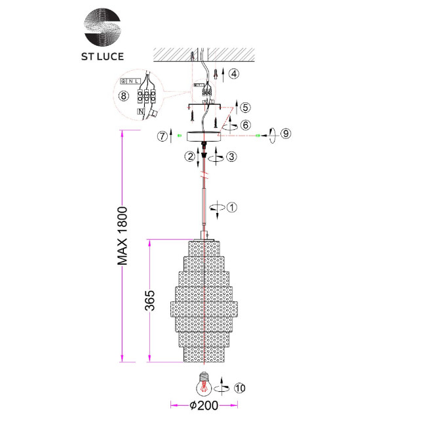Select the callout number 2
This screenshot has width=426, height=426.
click(189, 157)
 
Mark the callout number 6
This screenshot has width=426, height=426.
click(245, 124)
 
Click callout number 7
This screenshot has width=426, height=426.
click(163, 136)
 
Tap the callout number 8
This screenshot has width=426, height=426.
click(125, 96)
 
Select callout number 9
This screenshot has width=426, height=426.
click(285, 134)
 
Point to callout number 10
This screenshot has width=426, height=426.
click(241, 388)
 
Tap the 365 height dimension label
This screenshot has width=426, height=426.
click(151, 301)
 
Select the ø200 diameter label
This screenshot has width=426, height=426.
click(204, 406)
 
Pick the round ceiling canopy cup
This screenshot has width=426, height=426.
click(204, 136)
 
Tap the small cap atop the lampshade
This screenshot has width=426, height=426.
click(204, 235)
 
